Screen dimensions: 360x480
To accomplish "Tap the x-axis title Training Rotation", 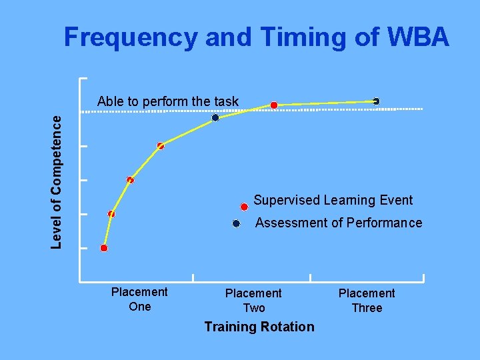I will pyautogui.click(x=259, y=327).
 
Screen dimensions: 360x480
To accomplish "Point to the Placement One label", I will pyautogui.click(x=139, y=299).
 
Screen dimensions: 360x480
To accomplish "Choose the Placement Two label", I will pyautogui.click(x=253, y=301).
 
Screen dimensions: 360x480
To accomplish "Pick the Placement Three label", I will pyautogui.click(x=367, y=301).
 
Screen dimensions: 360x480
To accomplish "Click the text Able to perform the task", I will pyautogui.click(x=167, y=101).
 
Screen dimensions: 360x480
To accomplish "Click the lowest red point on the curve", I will pyautogui.click(x=104, y=248).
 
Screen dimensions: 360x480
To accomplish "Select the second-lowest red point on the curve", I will pyautogui.click(x=111, y=214).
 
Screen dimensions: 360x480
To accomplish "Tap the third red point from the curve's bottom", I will pyautogui.click(x=130, y=180).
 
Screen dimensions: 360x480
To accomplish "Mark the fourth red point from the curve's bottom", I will pyautogui.click(x=161, y=146).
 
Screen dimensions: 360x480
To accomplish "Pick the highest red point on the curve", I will pyautogui.click(x=274, y=105).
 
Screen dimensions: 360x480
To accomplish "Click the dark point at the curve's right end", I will pyautogui.click(x=376, y=101).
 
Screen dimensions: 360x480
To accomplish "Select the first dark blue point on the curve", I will pyautogui.click(x=215, y=118).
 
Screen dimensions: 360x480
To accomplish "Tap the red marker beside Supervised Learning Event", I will pyautogui.click(x=245, y=207).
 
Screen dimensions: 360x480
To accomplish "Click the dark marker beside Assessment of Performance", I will pyautogui.click(x=236, y=224).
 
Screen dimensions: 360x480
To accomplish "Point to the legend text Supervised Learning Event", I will pyautogui.click(x=333, y=200).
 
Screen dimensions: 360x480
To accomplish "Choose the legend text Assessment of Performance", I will pyautogui.click(x=338, y=223).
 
